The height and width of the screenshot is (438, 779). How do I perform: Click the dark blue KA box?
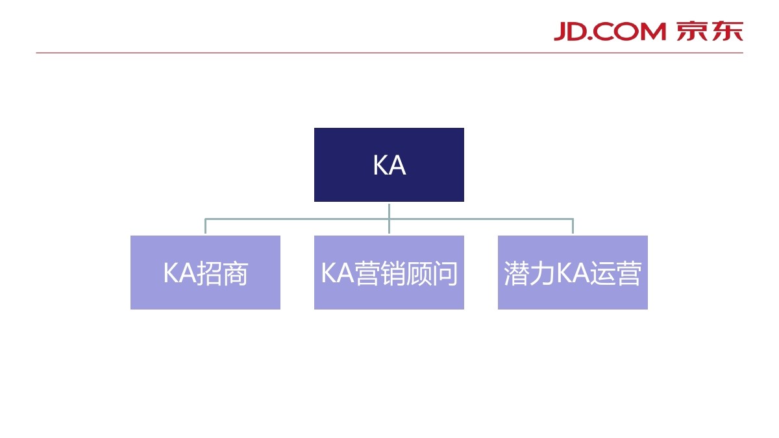coord(389,165)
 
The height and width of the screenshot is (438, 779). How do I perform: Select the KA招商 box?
coord(205,273)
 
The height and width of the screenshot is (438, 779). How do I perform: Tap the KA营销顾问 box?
coord(389,273)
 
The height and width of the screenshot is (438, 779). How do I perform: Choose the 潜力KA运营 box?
coord(573,273)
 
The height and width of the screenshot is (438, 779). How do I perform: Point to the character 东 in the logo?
coord(727,30)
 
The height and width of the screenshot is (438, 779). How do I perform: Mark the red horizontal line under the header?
coord(389,53)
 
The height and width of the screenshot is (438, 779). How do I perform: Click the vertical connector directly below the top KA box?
coord(389,210)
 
